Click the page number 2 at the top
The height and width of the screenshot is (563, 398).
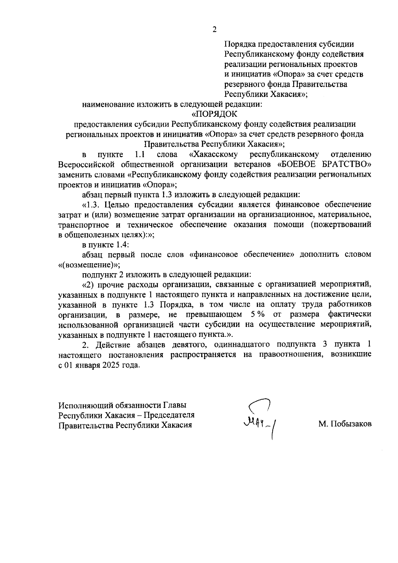pyautogui.click(x=214, y=30)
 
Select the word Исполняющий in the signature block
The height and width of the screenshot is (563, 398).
pyautogui.click(x=86, y=405)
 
